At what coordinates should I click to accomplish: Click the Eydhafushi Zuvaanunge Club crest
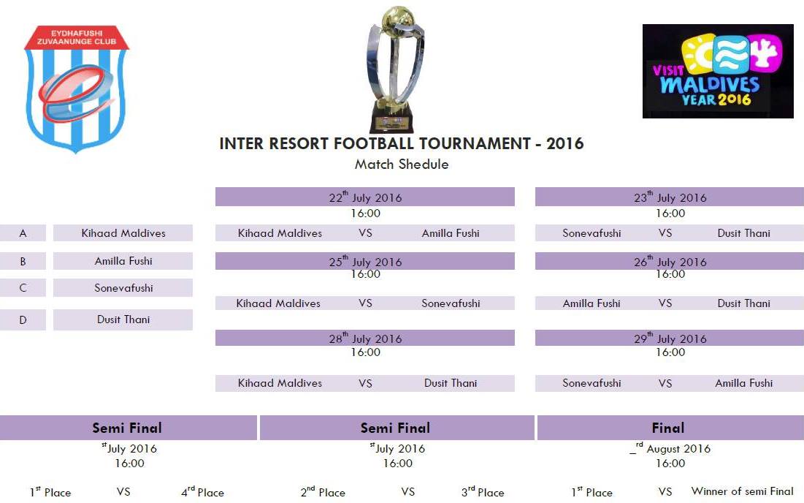coord(77,88)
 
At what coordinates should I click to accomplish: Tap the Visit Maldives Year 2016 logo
coord(718,71)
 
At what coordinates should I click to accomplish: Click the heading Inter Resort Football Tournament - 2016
coord(402,143)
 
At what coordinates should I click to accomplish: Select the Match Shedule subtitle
coord(402,164)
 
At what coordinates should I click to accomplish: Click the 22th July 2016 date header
coord(365,197)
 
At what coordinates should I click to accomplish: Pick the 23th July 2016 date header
coord(670,197)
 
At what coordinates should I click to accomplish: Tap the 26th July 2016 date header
coord(670,261)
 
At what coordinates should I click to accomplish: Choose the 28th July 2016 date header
coord(365,338)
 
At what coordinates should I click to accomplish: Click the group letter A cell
coord(23,233)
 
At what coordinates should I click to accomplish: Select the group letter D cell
coord(23,319)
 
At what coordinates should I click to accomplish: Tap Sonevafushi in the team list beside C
coord(123,288)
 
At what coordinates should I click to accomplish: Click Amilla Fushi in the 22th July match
coord(451,233)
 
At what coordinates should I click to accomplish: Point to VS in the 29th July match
coord(665,383)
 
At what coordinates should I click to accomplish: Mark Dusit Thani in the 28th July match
coord(451,383)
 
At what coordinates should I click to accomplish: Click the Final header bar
coord(669,428)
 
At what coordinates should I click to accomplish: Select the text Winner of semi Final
coord(743,491)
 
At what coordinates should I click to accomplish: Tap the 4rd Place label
coord(202,492)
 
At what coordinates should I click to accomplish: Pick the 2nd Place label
coord(323,492)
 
